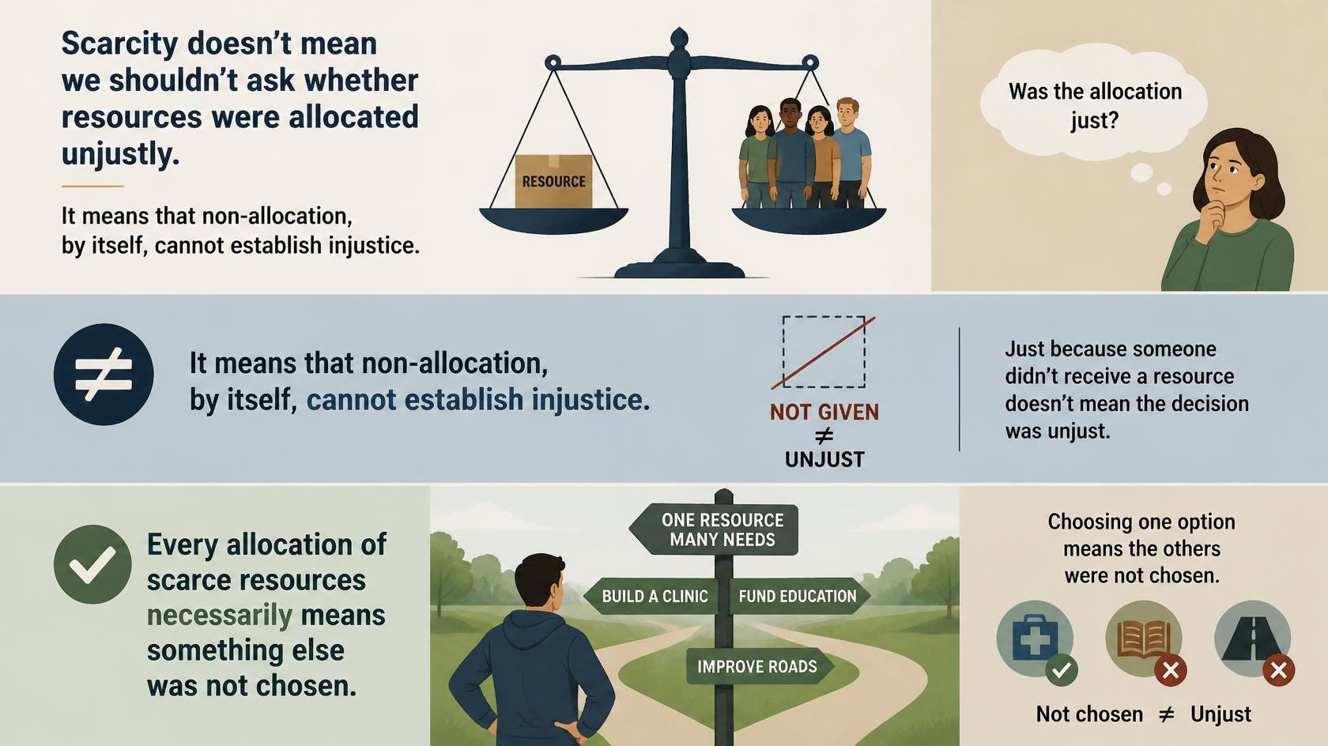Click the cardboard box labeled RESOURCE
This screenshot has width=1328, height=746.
pos(553,181)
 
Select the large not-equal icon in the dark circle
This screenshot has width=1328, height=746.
pos(104,375)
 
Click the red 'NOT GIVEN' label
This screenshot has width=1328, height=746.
pos(824,412)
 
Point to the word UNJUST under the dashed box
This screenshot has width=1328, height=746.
pos(824,459)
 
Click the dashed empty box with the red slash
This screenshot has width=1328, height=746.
pos(824,352)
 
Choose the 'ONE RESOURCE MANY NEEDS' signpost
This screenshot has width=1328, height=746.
pos(714,529)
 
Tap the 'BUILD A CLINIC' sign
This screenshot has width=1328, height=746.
pos(651,596)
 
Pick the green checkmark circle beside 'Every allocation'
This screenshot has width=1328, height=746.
pos(92,564)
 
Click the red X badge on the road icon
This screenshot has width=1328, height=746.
pos(1279,670)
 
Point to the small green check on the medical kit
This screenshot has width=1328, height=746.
pos(1061,670)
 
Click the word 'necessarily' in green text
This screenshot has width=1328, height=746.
pos(220,616)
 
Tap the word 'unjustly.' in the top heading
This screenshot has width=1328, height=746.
pos(120,154)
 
